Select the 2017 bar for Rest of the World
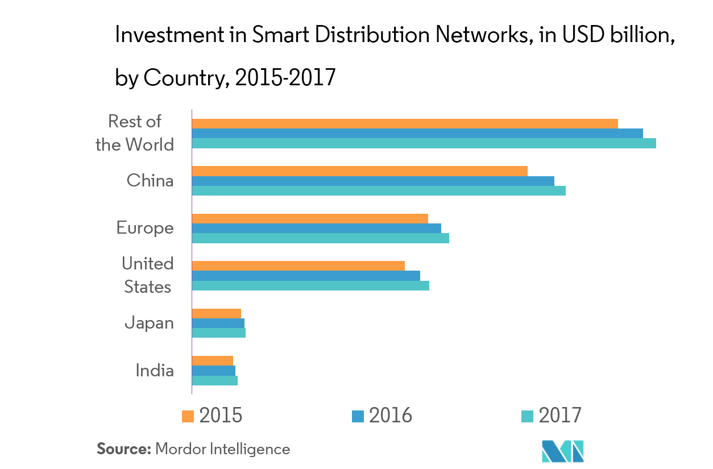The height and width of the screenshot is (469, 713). pyautogui.click(x=424, y=143)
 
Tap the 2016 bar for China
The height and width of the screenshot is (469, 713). pyautogui.click(x=373, y=181)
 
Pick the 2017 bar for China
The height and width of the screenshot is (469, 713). pyautogui.click(x=379, y=190)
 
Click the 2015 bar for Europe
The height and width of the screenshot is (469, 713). pyautogui.click(x=310, y=218)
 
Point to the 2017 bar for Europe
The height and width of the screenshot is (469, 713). pyautogui.click(x=320, y=238)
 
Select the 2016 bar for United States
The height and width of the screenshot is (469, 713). pyautogui.click(x=306, y=276)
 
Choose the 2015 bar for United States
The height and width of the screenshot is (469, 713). pyautogui.click(x=298, y=265)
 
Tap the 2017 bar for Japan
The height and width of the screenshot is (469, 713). pyautogui.click(x=218, y=333)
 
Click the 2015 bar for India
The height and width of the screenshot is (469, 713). pyautogui.click(x=212, y=360)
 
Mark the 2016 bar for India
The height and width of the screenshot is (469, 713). pyautogui.click(x=213, y=371)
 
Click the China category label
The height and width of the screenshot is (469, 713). pyautogui.click(x=150, y=181)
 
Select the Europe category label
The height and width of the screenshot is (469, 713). pyautogui.click(x=145, y=228)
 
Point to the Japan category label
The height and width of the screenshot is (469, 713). pyautogui.click(x=149, y=323)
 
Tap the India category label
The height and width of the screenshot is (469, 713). pyautogui.click(x=154, y=371)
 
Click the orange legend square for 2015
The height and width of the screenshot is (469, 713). pyautogui.click(x=188, y=416)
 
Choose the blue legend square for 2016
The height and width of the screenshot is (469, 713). pyautogui.click(x=358, y=416)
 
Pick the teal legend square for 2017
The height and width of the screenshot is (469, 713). pyautogui.click(x=527, y=416)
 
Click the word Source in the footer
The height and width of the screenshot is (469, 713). pyautogui.click(x=123, y=449)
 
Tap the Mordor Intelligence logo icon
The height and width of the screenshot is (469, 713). pyautogui.click(x=563, y=451)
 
